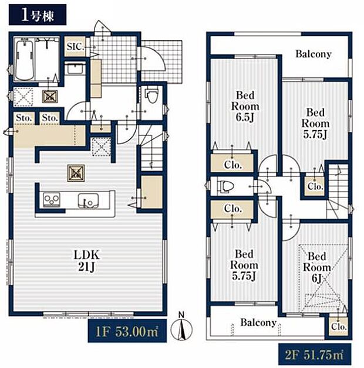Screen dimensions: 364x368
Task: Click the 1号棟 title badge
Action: pos(38,16)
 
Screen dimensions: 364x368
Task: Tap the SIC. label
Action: pos(75,46)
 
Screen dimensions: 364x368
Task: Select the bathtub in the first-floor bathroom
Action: pos(24,59)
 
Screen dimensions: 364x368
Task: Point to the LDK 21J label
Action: pos(87,261)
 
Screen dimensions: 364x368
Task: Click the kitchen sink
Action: pos(88,200)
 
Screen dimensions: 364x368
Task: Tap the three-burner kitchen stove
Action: pos(52,200)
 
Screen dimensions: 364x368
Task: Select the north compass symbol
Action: pos(181,327)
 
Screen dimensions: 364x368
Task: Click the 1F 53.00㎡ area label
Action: pos(127,331)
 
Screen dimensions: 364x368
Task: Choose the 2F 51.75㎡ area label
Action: pos(315,355)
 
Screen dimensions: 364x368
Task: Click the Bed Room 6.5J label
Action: pos(245,106)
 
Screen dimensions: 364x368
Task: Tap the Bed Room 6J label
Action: pos(316,267)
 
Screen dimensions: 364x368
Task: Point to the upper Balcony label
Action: pos(313,54)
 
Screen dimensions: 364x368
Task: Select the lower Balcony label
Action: pos(258,322)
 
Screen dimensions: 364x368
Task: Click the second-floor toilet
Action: pos(225,186)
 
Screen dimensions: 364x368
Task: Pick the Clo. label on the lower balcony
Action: pos(339,326)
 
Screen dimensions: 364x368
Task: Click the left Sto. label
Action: pos(23,118)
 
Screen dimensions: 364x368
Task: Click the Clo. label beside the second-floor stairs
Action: pos(315,186)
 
